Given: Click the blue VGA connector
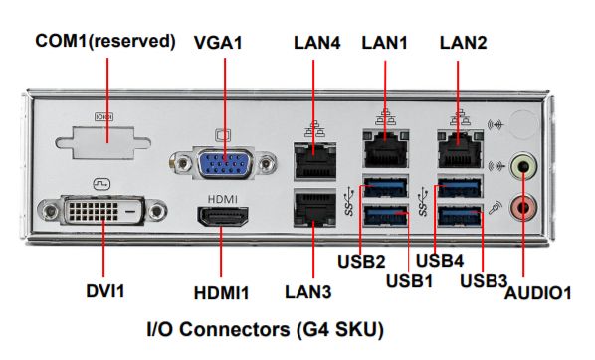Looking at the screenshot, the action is (224, 163).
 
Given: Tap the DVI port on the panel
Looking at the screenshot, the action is (102, 210).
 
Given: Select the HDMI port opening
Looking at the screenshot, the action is (222, 216).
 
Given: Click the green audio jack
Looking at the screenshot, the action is (524, 166).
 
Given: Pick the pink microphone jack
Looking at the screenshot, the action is (524, 208).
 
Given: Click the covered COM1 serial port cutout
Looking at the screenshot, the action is (102, 142).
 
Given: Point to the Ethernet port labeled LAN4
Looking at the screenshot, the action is (315, 161).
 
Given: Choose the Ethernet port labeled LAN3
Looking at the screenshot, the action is (315, 208).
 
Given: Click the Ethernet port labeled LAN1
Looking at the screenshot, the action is (386, 149).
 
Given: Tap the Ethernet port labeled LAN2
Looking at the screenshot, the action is (461, 149).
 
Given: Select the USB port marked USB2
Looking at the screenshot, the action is (385, 186).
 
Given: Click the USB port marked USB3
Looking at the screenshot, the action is (460, 215).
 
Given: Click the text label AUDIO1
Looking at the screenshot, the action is (537, 293).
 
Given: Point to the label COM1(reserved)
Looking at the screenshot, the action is (105, 41).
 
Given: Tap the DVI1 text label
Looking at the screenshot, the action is (105, 291).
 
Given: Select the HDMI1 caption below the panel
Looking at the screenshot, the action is (222, 293).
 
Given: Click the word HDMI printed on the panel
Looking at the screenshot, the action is (223, 199).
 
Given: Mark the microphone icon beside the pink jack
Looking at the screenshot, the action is (496, 208).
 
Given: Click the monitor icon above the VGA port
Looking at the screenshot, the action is (223, 135).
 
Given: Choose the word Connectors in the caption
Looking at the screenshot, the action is (234, 329).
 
